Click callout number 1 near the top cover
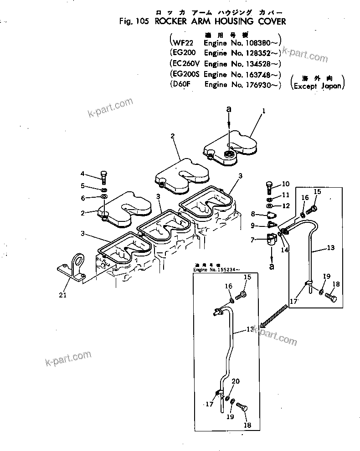click(x=263, y=110)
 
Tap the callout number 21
click(x=62, y=295)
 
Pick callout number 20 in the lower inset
click(x=235, y=381)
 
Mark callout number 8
click(x=252, y=214)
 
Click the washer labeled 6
click(x=104, y=197)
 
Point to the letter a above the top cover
click(x=230, y=109)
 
